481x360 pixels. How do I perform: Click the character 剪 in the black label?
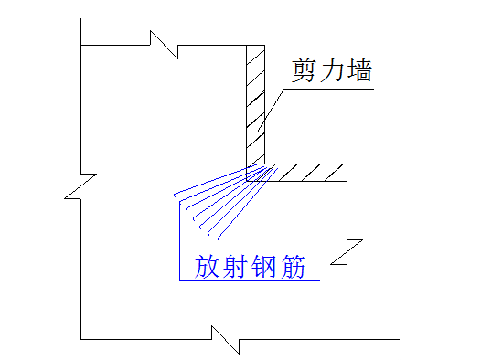pyautogui.click(x=306, y=70)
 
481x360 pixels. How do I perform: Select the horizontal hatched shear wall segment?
pyautogui.click(x=306, y=172)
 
